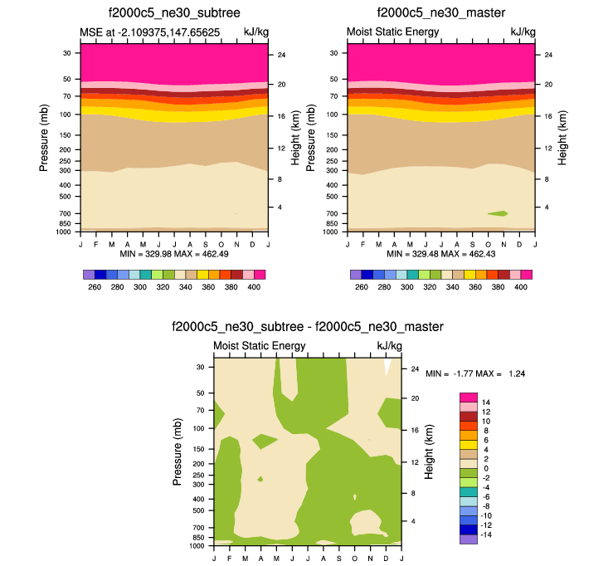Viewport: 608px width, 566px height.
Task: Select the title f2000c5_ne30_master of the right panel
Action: (440, 13)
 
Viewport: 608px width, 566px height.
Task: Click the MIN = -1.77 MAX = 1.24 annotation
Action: (475, 374)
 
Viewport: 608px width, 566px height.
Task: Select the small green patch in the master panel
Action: (498, 213)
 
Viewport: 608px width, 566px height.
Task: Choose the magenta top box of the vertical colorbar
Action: (469, 398)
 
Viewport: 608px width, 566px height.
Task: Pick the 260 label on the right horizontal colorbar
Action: (361, 287)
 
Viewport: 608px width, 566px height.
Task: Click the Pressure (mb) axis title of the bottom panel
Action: (178, 452)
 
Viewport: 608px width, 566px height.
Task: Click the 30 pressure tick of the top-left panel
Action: (66, 52)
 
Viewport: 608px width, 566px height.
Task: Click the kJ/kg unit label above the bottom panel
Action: (389, 346)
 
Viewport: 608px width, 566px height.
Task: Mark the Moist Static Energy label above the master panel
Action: (392, 32)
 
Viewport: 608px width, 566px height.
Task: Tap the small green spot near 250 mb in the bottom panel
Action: (260, 479)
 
